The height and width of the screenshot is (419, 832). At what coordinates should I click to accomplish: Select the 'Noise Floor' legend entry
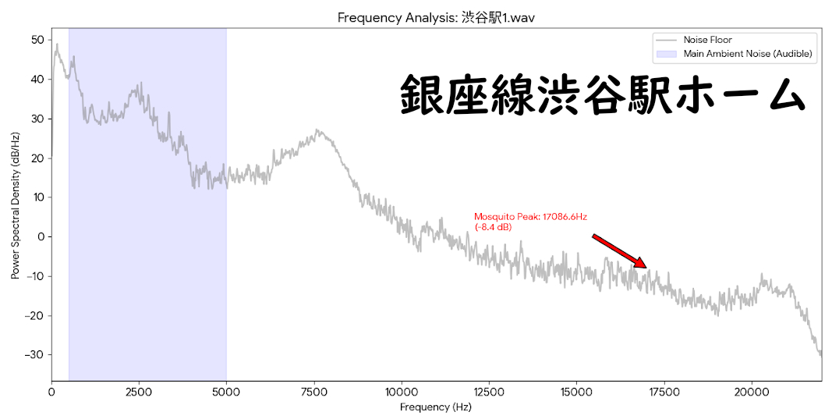tap(707, 40)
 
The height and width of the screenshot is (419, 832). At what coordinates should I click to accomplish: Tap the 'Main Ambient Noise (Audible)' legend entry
tap(748, 54)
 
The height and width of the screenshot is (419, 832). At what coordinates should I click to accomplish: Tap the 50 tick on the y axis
tap(37, 40)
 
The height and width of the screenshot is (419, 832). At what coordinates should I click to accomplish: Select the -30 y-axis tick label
tap(33, 354)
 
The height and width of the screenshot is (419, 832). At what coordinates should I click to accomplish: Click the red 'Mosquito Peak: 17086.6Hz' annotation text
tap(530, 217)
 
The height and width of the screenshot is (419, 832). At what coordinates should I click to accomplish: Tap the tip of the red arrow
tap(646, 268)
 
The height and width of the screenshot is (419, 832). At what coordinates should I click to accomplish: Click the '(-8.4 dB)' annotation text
tap(493, 227)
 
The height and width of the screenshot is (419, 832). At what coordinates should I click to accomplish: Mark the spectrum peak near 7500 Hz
tap(317, 130)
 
